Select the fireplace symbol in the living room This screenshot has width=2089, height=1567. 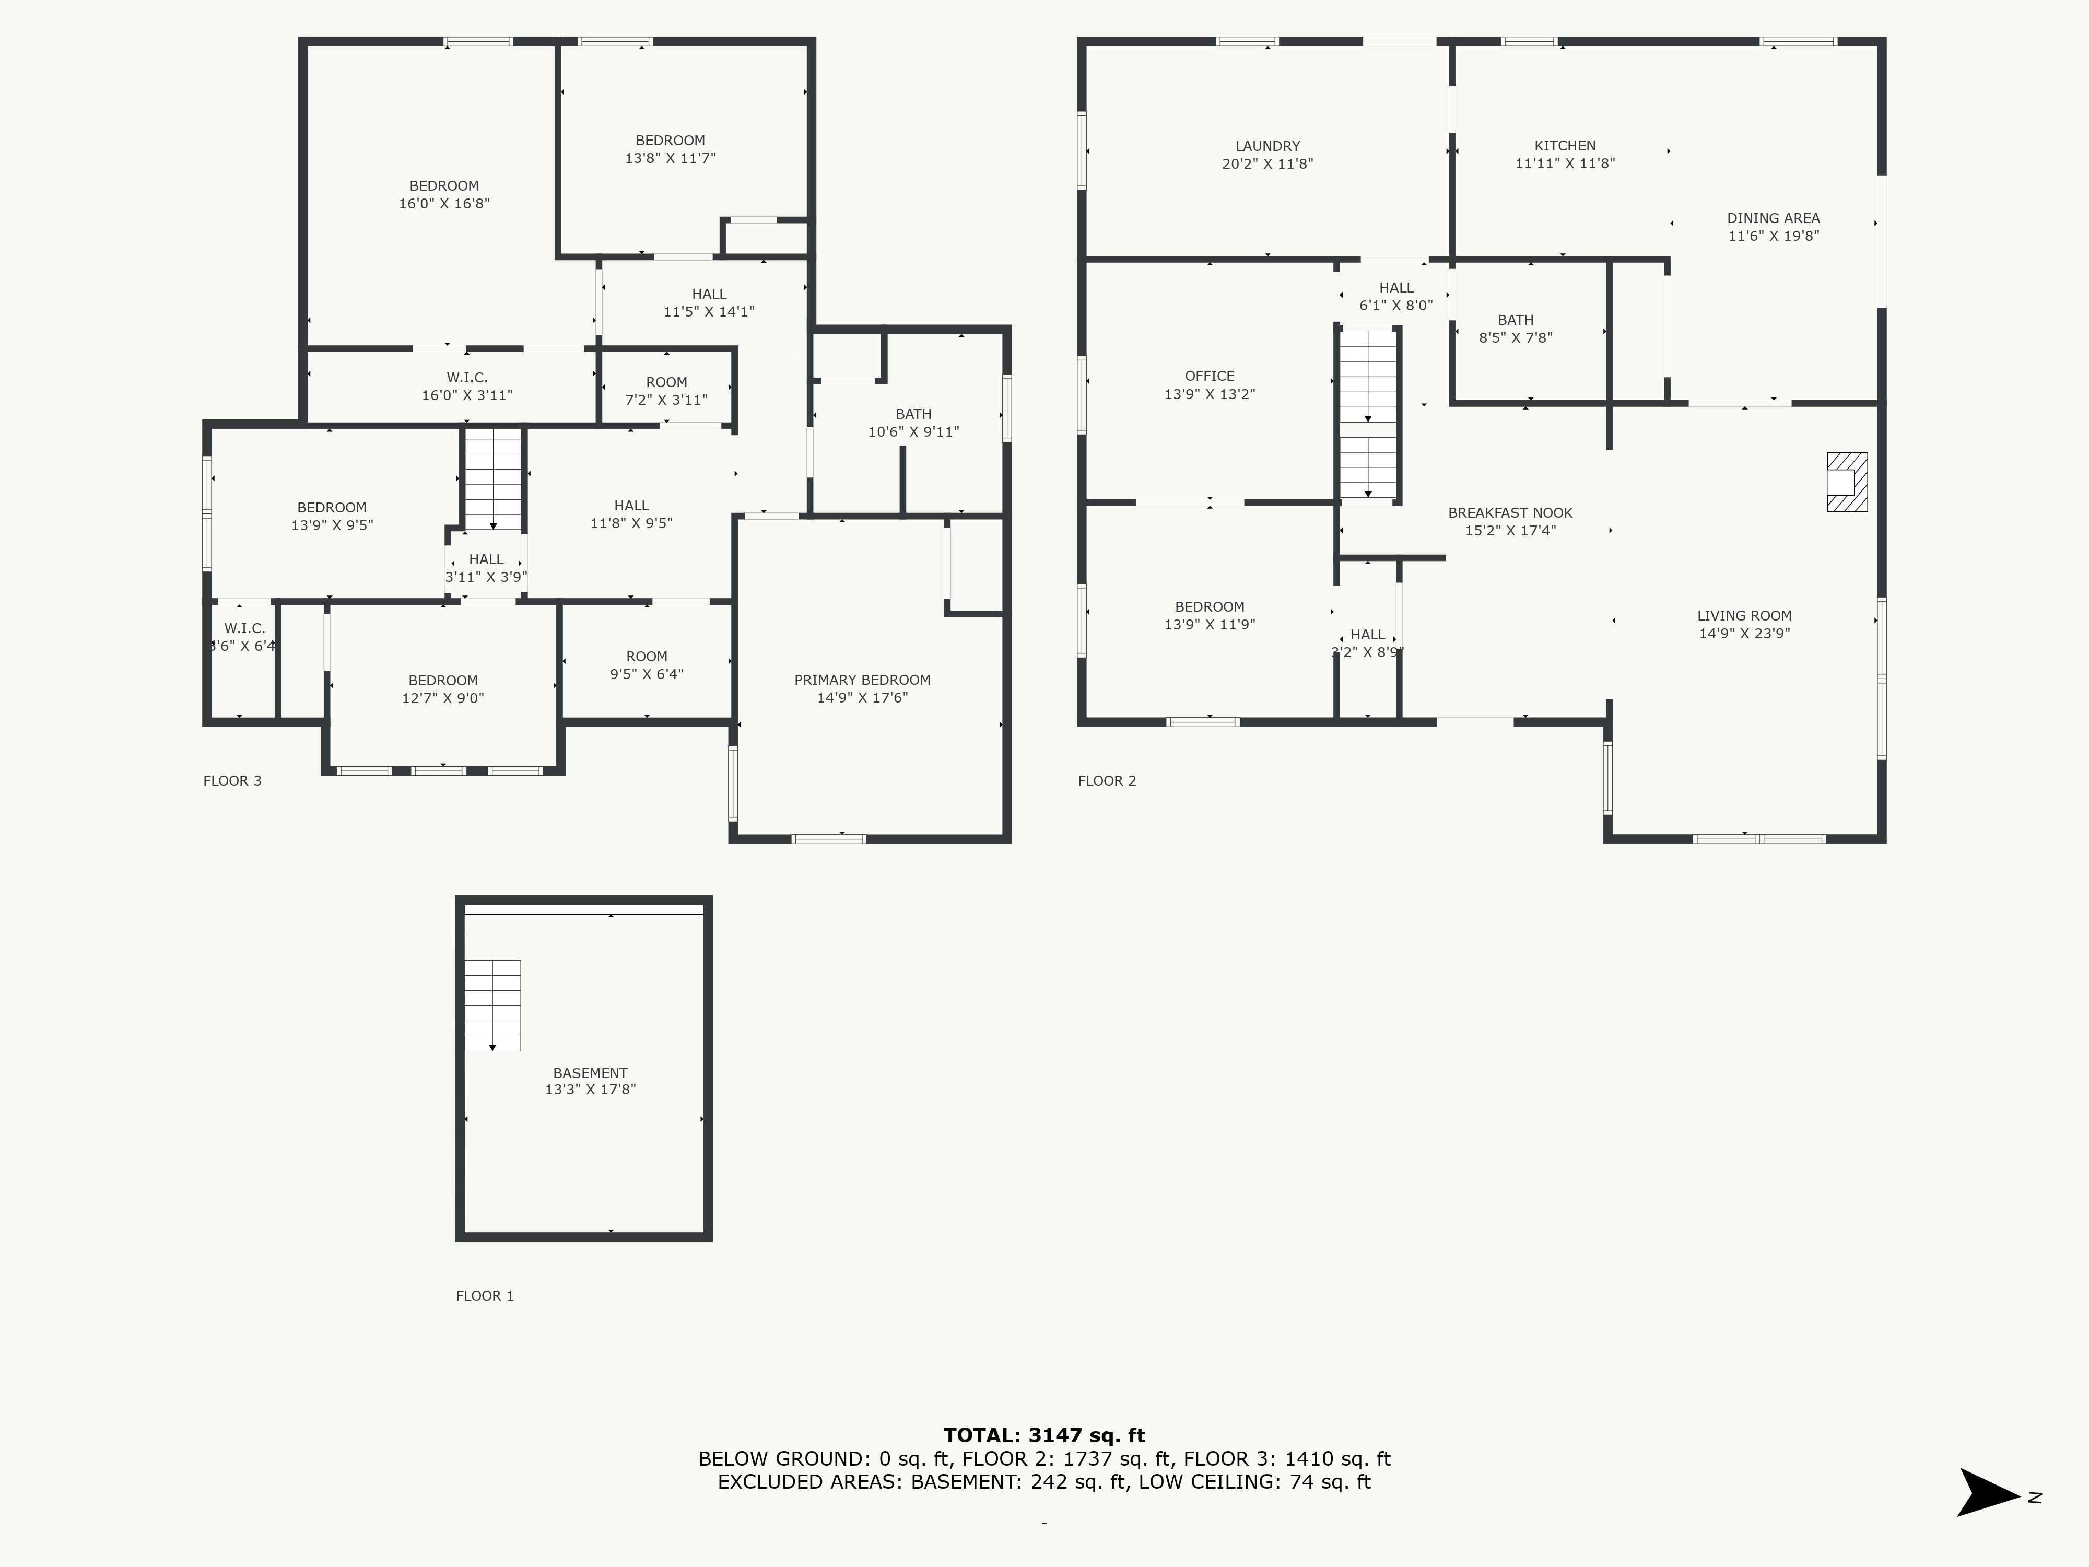click(1846, 482)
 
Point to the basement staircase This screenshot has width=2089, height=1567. click(492, 1005)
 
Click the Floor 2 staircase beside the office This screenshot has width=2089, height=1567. click(1367, 414)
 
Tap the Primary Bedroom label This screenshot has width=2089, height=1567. click(862, 680)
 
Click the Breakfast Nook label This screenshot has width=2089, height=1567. click(1510, 513)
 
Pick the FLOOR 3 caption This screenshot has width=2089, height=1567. click(232, 780)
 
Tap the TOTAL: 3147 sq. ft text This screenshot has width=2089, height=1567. click(1044, 1436)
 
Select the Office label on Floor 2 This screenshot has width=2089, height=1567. click(1210, 376)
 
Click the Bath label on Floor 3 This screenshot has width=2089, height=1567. click(913, 414)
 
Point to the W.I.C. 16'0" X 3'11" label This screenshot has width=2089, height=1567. click(467, 387)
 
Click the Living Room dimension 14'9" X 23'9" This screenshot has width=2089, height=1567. click(1744, 634)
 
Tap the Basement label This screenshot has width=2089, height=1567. click(590, 1073)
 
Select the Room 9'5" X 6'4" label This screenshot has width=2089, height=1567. click(647, 665)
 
